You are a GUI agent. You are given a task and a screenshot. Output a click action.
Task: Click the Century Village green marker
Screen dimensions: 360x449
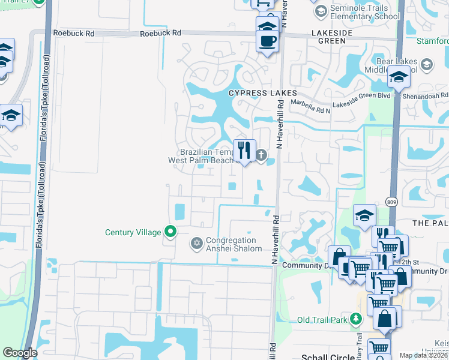(170, 232)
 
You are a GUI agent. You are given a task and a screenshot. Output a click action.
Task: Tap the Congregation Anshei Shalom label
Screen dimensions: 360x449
(234, 244)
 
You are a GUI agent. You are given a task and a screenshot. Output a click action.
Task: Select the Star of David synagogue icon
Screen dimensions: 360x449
(196, 243)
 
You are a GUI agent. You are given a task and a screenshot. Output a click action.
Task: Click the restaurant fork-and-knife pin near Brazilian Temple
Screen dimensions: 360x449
(244, 150)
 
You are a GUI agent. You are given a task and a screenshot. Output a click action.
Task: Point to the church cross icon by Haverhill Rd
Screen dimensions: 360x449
(261, 155)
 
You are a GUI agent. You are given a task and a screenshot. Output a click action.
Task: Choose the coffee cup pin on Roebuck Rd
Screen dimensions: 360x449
(268, 41)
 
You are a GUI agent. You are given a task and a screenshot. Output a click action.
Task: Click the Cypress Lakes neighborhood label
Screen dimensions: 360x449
(262, 93)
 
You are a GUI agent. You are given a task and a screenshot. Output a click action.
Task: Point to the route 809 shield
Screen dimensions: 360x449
(391, 202)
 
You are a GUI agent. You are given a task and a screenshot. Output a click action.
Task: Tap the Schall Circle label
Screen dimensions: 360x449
(328, 356)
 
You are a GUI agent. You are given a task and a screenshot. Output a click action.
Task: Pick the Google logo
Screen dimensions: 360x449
(20, 353)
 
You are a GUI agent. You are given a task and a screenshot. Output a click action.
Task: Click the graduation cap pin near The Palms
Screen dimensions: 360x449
(364, 215)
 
